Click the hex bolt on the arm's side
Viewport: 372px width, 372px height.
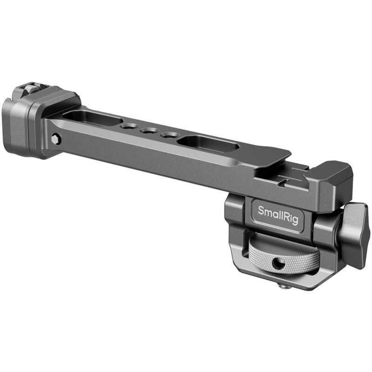[56, 139]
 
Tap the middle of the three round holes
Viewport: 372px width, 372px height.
[148, 131]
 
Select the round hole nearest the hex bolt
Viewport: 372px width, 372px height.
[128, 126]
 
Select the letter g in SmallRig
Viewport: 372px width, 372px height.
[299, 215]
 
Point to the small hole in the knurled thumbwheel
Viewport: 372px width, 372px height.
[279, 264]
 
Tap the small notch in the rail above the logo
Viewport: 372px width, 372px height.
[282, 184]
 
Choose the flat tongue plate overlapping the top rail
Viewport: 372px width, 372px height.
[270, 158]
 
